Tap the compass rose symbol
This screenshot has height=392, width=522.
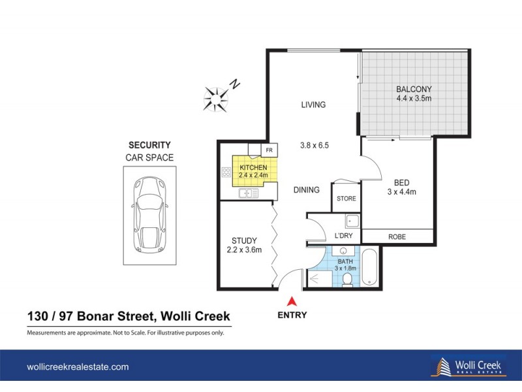point(216,97)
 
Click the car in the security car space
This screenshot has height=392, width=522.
point(149,213)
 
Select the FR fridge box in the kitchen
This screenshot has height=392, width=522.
point(268,150)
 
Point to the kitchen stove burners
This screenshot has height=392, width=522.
point(226,173)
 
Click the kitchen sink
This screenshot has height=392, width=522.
point(246,193)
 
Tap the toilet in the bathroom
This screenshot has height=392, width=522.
point(347,280)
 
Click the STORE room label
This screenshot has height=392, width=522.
point(346,199)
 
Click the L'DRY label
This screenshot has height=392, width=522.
point(343,236)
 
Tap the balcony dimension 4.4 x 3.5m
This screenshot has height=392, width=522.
point(414,99)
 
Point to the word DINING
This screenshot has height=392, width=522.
point(306,190)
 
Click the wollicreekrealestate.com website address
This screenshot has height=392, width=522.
point(77,367)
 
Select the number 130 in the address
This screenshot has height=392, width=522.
point(38,317)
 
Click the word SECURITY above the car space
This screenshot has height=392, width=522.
point(149,145)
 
